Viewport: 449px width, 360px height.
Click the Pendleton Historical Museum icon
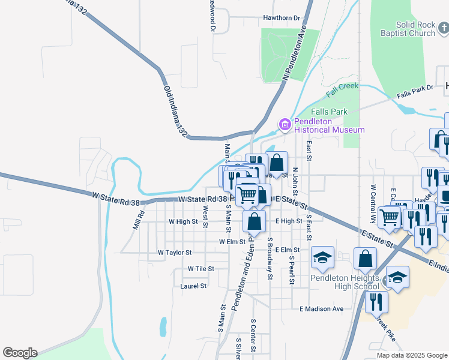285,124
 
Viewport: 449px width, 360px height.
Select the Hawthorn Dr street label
281,18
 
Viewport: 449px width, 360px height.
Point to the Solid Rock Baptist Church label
410,29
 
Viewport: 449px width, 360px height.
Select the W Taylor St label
174,253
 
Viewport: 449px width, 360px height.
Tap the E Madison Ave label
321,309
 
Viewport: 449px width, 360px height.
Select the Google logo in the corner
20,353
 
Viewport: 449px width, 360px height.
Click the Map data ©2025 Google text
411,355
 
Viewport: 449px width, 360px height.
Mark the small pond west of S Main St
163,327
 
